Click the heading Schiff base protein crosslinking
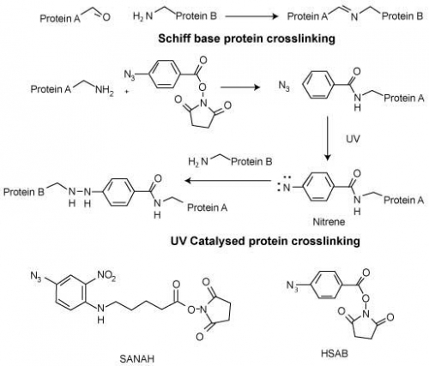coord(246,39)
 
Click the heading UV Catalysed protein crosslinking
coord(265,241)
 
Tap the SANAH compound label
coord(136,358)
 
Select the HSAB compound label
coord(335,353)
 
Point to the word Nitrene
coord(329,222)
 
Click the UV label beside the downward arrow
coord(353,139)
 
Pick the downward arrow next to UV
coord(328,138)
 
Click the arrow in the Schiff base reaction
coord(251,16)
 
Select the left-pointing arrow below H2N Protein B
coord(227,181)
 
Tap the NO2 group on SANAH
coord(106,275)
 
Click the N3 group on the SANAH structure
coord(36,276)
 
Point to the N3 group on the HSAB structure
coord(293,285)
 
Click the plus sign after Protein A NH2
coord(126,92)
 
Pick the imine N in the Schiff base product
coord(354,17)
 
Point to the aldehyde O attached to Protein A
coord(106,18)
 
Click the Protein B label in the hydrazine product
coord(24,192)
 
